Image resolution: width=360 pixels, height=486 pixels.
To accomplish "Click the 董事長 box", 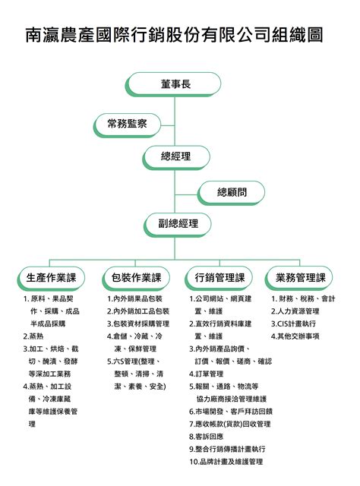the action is [174, 84].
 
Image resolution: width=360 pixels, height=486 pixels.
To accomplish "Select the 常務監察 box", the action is [128, 125].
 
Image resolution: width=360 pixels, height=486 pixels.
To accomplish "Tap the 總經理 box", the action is [176, 157].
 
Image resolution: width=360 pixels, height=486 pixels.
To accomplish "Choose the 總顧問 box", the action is [232, 192].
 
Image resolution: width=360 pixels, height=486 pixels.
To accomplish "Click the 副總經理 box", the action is [178, 225].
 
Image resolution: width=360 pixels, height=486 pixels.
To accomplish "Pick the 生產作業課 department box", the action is [51, 278].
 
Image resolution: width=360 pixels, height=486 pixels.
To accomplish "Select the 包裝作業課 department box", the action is [136, 278].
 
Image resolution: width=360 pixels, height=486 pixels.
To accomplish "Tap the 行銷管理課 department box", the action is [219, 278].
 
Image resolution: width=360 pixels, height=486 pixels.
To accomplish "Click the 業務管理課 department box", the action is [299, 278].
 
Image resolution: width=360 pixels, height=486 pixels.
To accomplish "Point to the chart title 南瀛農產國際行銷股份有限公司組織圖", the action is [174, 34].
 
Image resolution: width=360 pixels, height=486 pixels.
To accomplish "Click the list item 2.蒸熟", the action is [33, 336].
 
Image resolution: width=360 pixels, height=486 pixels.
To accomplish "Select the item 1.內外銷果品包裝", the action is [135, 298].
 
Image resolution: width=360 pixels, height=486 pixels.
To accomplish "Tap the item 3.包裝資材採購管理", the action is [138, 324].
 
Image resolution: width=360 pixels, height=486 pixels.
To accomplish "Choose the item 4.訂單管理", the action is [206, 374].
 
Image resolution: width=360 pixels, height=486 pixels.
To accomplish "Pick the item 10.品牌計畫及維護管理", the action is [226, 462].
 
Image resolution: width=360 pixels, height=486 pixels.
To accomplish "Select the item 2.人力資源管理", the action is [295, 311].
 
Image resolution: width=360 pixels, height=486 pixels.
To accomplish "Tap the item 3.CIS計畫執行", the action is [293, 324].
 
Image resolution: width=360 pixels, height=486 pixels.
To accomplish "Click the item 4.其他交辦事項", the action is [295, 336].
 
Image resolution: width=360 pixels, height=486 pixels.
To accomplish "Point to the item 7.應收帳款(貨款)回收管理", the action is [230, 424].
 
